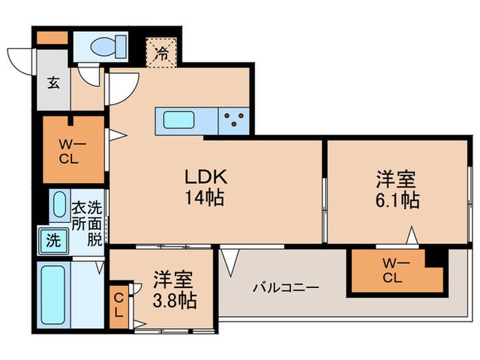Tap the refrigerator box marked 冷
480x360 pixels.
pyautogui.click(x=162, y=51)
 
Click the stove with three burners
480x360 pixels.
pyautogui.click(x=234, y=120)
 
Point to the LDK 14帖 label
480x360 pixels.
pyautogui.click(x=205, y=187)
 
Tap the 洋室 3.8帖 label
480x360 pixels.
pyautogui.click(x=174, y=289)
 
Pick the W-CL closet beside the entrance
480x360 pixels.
pyautogui.click(x=73, y=150)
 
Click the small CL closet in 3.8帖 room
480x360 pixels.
pyautogui.click(x=119, y=304)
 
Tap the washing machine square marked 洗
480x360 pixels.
pyautogui.click(x=53, y=241)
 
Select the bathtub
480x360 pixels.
pyautogui.click(x=53, y=296)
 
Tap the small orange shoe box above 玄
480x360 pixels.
pyautogui.click(x=51, y=38)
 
